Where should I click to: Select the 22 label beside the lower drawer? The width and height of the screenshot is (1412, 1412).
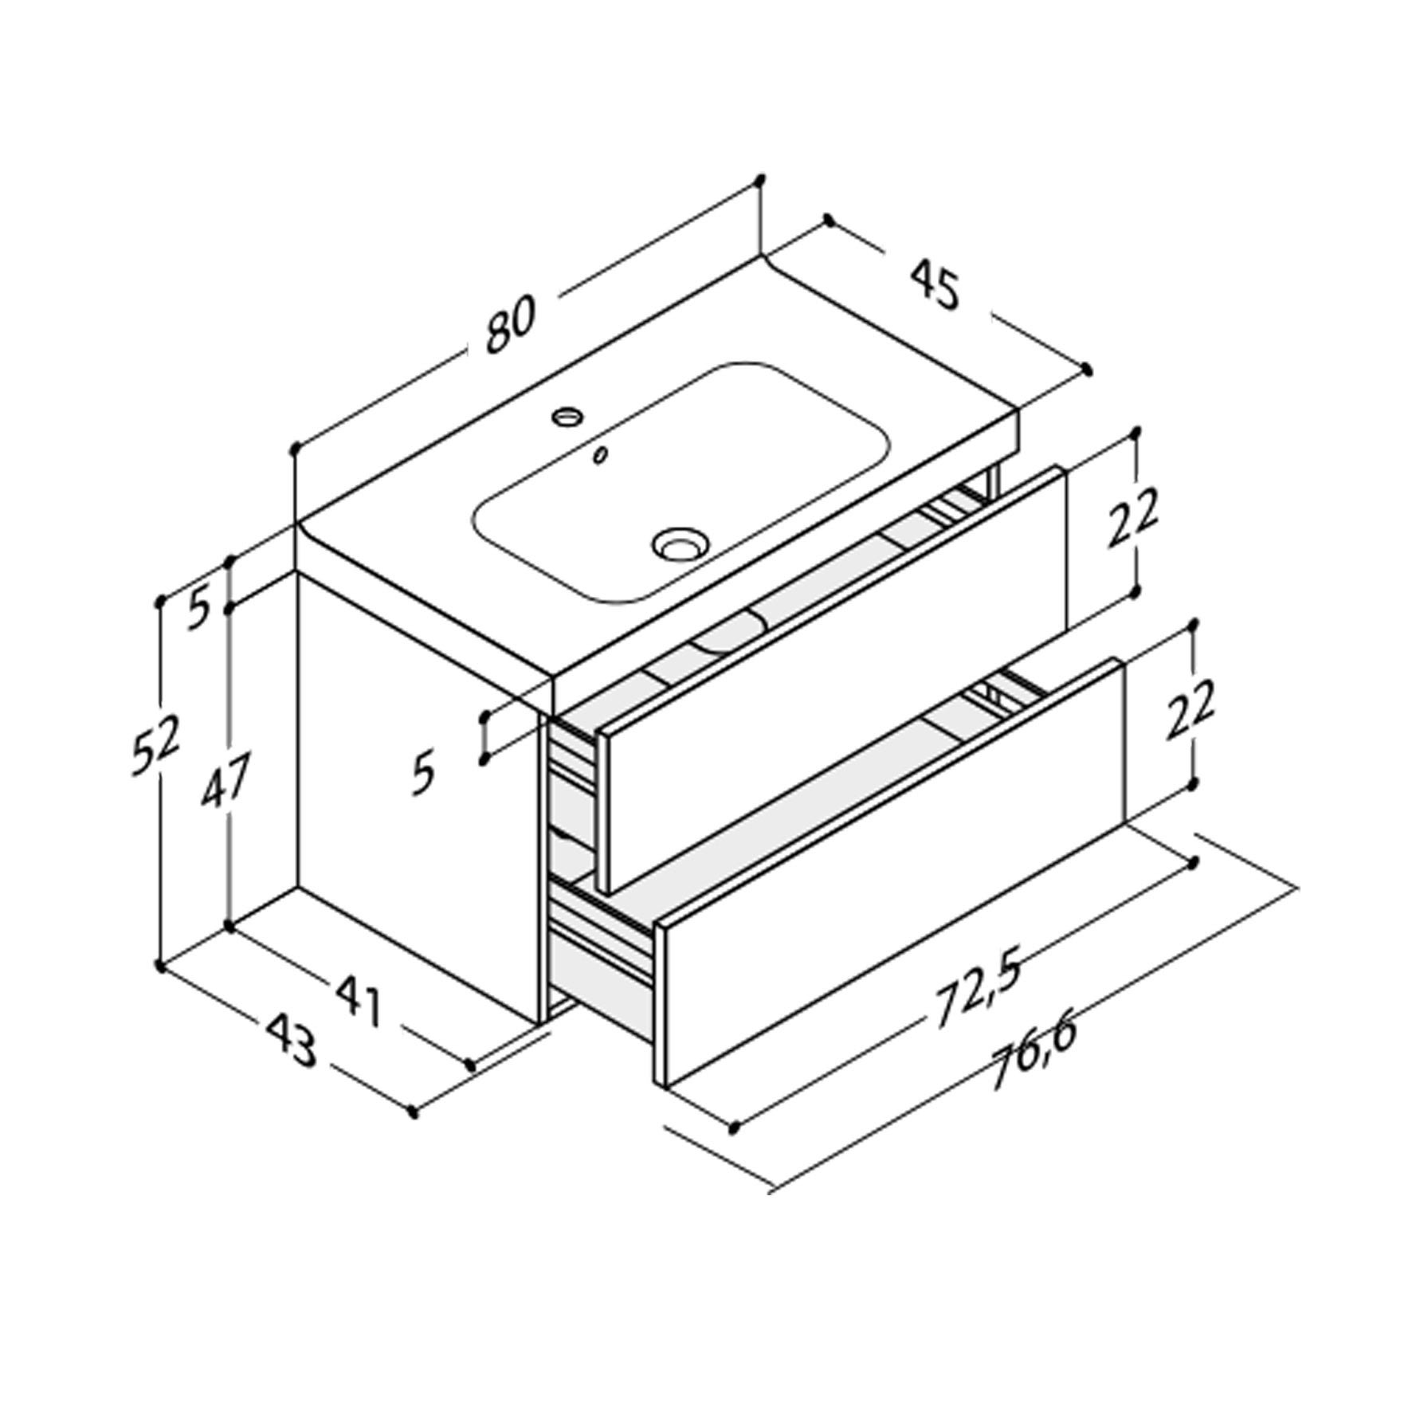click(x=1188, y=709)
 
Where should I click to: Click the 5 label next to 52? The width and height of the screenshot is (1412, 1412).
click(x=199, y=610)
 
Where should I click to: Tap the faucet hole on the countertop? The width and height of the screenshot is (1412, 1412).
click(x=568, y=415)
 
